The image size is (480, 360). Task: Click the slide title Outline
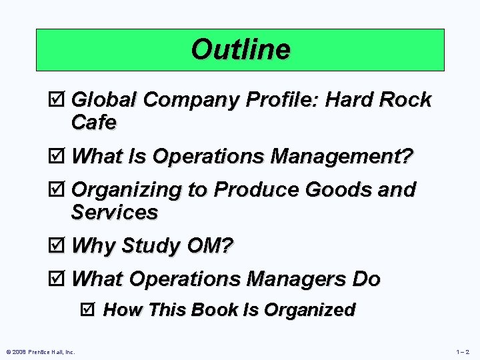click(x=240, y=49)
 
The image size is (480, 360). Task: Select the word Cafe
click(x=93, y=123)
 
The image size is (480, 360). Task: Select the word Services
click(x=114, y=213)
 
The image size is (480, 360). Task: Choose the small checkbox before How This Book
click(x=91, y=310)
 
